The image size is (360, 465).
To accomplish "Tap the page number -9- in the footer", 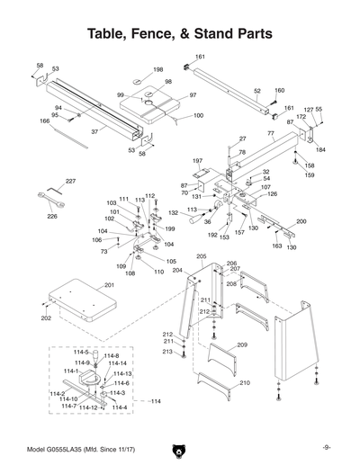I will pos(327,447).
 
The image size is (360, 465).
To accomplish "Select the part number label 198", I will pos(158,70).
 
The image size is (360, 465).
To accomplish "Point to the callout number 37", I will pos(94,132).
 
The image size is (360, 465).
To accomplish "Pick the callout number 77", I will pos(271,133).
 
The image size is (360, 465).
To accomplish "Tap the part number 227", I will pos(70,183).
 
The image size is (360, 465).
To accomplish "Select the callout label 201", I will pos(109,285).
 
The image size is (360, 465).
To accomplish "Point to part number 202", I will pos(46,317).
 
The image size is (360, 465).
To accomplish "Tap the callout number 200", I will pos(301,221).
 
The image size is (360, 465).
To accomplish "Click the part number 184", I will pos(320,149).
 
